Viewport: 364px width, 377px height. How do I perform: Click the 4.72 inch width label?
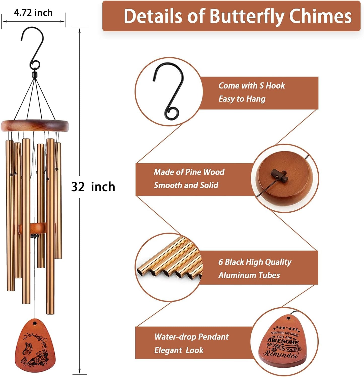tap(33, 13)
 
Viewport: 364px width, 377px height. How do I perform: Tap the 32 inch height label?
tap(93, 187)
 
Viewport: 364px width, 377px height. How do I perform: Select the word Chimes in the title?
tap(320, 16)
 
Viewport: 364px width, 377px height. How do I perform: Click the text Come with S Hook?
tap(252, 86)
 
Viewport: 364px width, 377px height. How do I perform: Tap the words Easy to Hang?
tap(242, 99)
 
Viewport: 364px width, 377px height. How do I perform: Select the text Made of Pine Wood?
tap(189, 172)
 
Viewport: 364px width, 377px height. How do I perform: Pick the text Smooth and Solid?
tap(186, 185)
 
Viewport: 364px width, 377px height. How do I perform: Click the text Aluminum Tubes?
tap(249, 275)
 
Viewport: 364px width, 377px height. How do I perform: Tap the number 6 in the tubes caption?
tap(221, 262)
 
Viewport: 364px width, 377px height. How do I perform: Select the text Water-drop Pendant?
tap(191, 337)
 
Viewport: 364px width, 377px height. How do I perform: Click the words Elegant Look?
tap(179, 350)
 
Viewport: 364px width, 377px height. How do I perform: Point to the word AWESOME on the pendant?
tap(283, 342)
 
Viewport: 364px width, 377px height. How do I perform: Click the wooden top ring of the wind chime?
tap(35, 126)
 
